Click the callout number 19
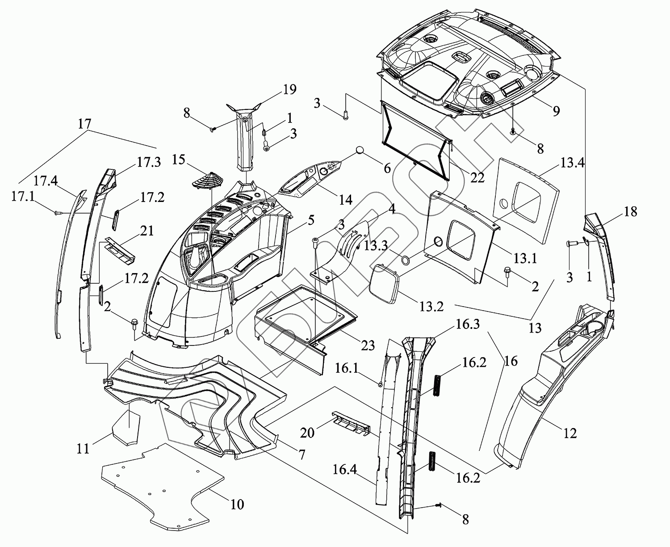(289, 89)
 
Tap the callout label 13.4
(572, 162)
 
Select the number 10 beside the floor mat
(237, 505)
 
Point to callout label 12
(570, 433)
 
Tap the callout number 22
(477, 177)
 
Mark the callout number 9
(556, 111)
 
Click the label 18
(630, 211)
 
